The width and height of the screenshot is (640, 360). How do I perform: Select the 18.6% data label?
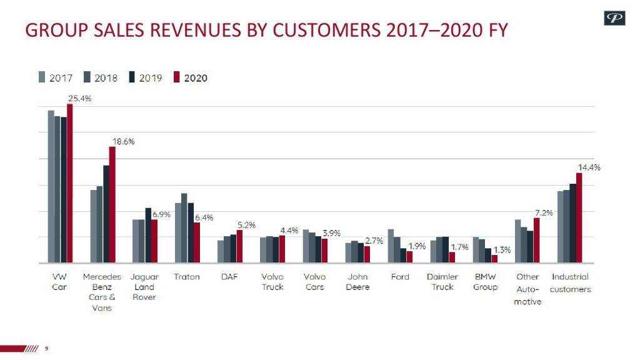(x=123, y=141)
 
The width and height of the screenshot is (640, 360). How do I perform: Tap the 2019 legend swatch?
(x=133, y=77)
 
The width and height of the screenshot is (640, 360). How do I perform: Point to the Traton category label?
(x=187, y=277)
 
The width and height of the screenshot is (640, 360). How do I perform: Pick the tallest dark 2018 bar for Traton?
(x=184, y=228)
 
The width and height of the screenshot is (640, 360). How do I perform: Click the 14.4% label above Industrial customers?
(x=589, y=167)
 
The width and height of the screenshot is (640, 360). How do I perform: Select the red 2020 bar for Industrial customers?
(x=579, y=218)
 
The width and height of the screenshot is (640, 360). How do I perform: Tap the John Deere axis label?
(x=357, y=282)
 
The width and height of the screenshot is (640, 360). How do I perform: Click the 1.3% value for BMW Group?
(x=502, y=250)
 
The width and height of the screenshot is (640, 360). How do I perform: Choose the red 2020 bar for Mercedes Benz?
(x=112, y=204)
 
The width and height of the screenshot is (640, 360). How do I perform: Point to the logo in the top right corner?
(x=614, y=19)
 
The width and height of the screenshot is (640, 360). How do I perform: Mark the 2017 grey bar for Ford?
(x=391, y=246)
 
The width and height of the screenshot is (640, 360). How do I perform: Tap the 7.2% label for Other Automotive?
(x=544, y=212)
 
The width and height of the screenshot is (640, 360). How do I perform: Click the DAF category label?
(x=229, y=277)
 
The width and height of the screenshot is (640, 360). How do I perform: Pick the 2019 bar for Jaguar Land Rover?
(x=148, y=235)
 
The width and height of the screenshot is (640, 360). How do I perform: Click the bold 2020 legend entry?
(x=195, y=78)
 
